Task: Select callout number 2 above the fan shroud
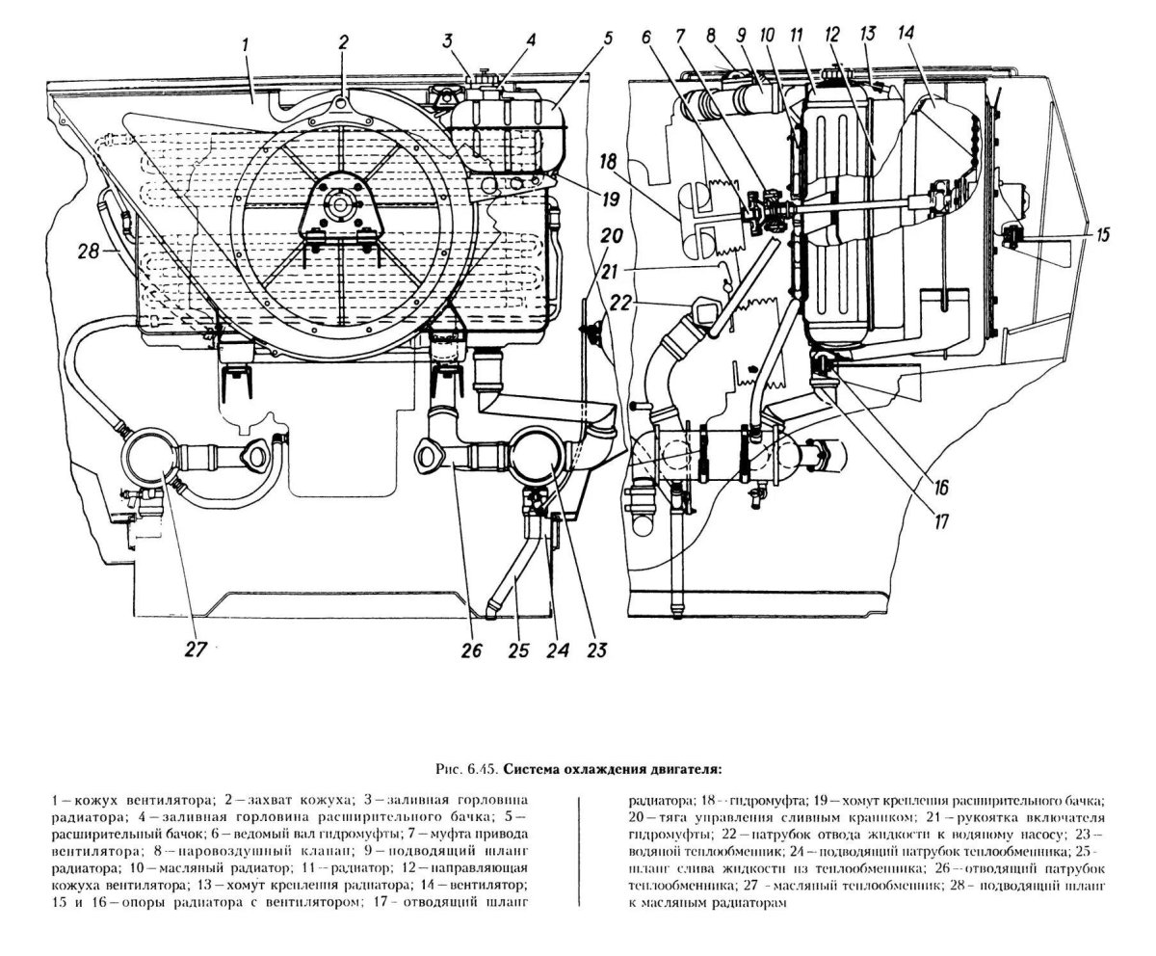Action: click(343, 42)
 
